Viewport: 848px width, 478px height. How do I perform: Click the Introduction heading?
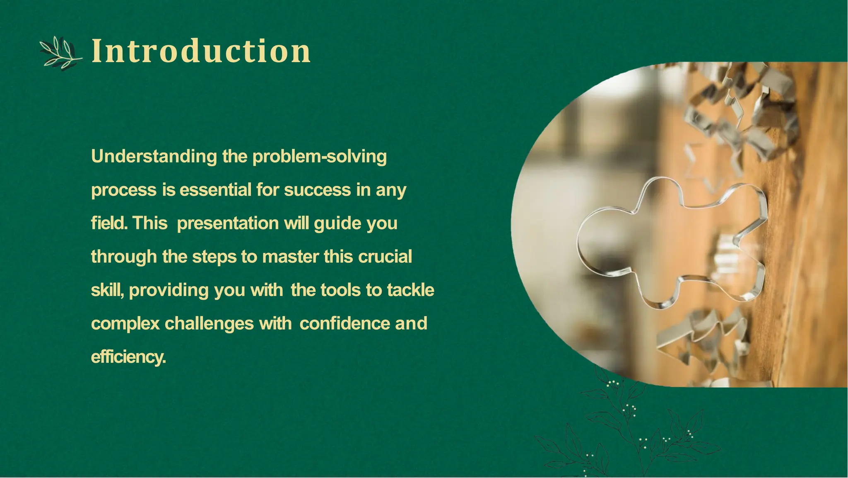(201, 51)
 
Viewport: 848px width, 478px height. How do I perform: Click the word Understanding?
(154, 157)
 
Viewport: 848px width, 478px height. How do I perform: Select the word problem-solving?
(319, 157)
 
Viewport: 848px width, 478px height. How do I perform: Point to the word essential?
(215, 190)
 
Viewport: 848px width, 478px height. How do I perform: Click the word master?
(290, 257)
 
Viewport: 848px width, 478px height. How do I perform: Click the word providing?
(169, 290)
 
